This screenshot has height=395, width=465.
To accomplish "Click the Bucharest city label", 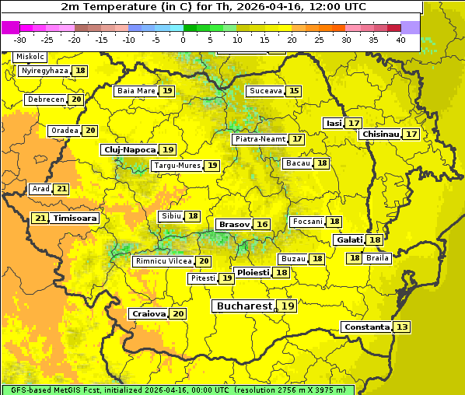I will [244, 306].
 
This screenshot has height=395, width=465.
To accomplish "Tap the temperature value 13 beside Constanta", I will [402, 327].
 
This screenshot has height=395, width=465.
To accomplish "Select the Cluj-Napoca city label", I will [129, 149].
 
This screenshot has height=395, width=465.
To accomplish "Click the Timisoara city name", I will [75, 218].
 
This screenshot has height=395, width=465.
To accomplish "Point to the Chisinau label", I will [380, 134].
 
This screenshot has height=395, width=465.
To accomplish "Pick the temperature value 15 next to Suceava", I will [293, 91].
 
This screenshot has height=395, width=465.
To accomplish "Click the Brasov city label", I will [234, 224].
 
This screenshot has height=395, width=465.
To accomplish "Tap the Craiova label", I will [149, 313].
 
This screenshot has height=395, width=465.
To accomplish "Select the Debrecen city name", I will [45, 100].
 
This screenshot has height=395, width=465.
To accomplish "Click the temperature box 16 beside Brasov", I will [262, 224].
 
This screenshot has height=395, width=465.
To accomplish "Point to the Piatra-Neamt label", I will [260, 139].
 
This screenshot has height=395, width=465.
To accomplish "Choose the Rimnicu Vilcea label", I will [163, 261].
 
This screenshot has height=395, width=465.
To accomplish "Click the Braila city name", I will [377, 257].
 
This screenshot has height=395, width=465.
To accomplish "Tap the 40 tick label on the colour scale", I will [400, 39].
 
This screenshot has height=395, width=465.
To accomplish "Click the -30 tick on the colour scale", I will [20, 39].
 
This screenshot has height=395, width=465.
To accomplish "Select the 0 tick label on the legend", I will [184, 39].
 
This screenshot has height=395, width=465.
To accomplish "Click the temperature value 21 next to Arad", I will [61, 189].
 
